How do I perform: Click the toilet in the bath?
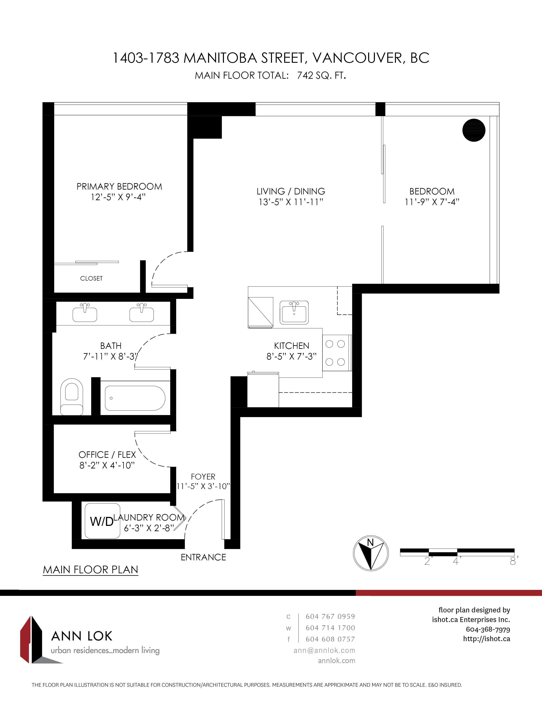[72, 397]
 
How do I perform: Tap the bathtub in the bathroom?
[135, 398]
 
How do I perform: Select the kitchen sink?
[294, 312]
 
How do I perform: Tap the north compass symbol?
[371, 553]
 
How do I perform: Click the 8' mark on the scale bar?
[514, 561]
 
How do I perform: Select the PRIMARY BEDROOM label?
[119, 186]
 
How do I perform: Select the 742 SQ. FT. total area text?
[321, 75]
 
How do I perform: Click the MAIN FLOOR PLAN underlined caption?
[91, 570]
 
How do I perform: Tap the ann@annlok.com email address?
[324, 650]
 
